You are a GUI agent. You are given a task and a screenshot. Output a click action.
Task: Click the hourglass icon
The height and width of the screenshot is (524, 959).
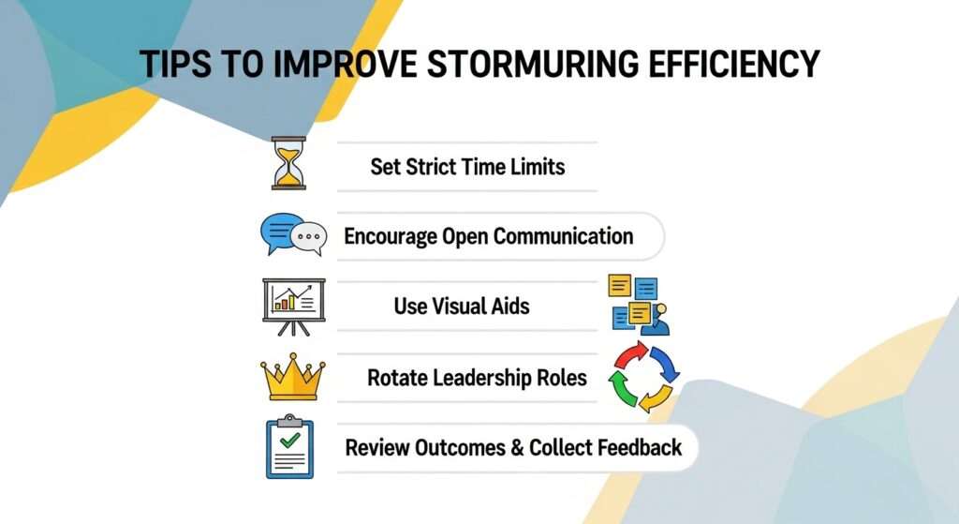[x=288, y=163]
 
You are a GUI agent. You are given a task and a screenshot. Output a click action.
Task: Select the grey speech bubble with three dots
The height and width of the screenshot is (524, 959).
[x=309, y=237]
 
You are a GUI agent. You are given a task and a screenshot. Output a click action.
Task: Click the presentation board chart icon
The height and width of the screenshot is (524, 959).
[x=293, y=307]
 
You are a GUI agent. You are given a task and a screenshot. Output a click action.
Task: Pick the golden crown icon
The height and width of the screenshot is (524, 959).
[x=293, y=377]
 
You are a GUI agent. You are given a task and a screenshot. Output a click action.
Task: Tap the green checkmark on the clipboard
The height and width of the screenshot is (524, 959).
[x=289, y=440]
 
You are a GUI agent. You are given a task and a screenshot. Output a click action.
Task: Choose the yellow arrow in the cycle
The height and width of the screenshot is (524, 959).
[x=655, y=398]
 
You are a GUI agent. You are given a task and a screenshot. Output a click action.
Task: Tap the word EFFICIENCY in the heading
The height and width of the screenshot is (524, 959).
[x=733, y=64]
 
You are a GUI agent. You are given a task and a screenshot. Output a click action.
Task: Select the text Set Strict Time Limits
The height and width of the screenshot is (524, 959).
[x=467, y=167]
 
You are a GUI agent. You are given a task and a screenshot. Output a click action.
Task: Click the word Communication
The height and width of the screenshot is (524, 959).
[x=563, y=236]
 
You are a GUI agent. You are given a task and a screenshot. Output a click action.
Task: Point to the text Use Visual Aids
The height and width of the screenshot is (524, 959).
[x=462, y=307]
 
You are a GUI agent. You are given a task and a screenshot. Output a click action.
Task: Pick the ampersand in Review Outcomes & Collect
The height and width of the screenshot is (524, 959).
[x=517, y=448]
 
